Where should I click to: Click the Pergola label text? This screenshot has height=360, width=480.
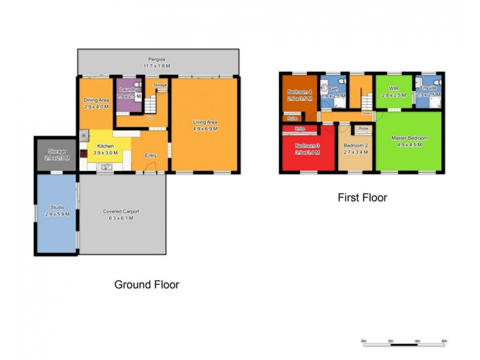coord(159,59)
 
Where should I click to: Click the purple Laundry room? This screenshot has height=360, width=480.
coord(127,95)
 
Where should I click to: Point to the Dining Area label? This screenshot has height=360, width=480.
coord(95,100)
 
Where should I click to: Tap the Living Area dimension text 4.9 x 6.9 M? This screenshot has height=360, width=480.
coord(205,128)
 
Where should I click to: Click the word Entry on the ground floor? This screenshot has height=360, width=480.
coord(151,155)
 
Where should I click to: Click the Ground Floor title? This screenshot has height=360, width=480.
coord(146,284)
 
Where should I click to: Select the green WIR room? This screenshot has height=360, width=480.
coord(394,92)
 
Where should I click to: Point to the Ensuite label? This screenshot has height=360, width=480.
coord(428,88)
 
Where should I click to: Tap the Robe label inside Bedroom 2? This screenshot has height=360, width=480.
coord(363,128)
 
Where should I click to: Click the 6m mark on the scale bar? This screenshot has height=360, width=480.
coord(444,341)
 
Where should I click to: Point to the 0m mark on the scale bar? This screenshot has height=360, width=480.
coord(364,341)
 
